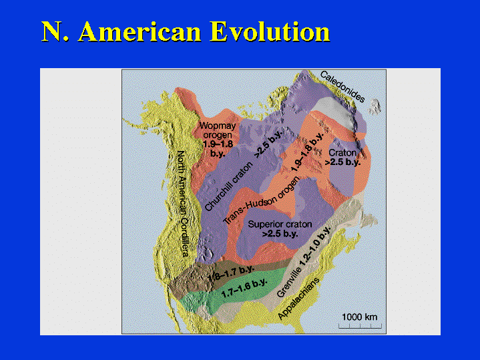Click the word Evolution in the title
click(x=270, y=31)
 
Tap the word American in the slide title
click(x=140, y=31)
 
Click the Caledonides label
click(x=342, y=86)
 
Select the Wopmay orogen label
click(x=218, y=130)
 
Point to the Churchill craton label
click(x=229, y=186)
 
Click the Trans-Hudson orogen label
click(x=262, y=200)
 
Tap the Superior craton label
click(x=280, y=224)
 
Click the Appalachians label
click(x=298, y=299)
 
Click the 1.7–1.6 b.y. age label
click(x=244, y=288)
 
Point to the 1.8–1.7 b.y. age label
click(x=232, y=274)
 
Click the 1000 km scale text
click(x=359, y=317)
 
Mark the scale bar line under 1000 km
click(x=360, y=328)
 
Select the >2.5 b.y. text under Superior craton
click(x=280, y=234)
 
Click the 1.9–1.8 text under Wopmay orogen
click(x=218, y=144)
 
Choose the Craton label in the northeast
click(x=342, y=152)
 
